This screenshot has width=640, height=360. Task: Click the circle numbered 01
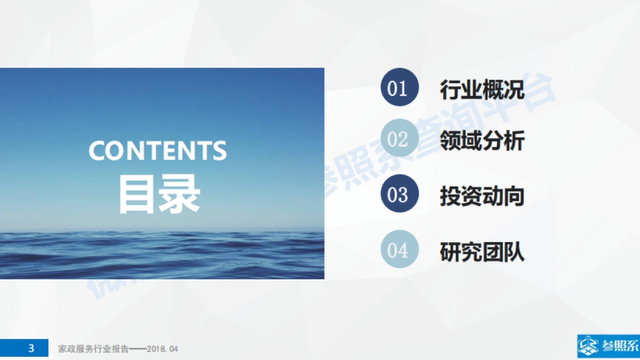click(398, 88)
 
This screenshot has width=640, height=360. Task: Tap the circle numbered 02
click(398, 140)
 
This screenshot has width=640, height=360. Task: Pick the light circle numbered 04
click(398, 250)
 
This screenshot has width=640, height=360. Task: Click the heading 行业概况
click(482, 90)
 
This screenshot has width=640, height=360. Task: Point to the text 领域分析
click(482, 141)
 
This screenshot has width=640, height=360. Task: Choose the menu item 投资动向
click(482, 196)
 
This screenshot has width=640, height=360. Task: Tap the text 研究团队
click(482, 251)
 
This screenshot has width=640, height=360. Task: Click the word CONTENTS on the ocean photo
click(158, 151)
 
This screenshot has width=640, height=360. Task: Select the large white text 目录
click(159, 193)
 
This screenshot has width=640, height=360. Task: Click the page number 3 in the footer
click(31, 349)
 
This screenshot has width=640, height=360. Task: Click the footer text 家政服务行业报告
click(87, 349)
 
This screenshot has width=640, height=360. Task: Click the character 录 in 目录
click(180, 193)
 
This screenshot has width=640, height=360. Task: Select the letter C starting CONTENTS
click(98, 151)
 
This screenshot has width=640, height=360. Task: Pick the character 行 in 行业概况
click(450, 90)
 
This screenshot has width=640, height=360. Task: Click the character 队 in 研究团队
click(514, 251)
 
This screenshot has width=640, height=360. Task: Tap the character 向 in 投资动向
click(514, 196)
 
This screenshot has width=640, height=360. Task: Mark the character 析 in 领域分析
click(514, 141)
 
